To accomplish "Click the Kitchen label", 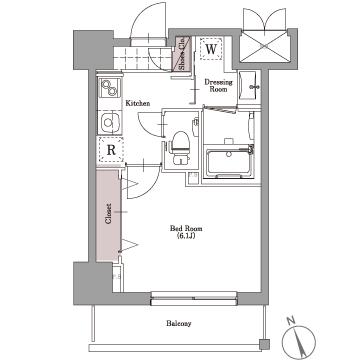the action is click(x=138, y=103).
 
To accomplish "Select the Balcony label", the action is click(x=179, y=323).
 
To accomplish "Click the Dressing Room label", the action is click(x=218, y=86).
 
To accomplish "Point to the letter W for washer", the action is click(x=211, y=49).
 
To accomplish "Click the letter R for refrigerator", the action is click(x=111, y=150).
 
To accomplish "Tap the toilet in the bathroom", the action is click(x=180, y=147).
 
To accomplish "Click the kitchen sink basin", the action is click(x=110, y=121).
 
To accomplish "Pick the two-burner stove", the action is click(x=110, y=88).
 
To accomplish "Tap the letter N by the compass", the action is click(x=291, y=321).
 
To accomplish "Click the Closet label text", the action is click(x=108, y=214).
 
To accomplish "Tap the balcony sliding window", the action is click(x=194, y=298).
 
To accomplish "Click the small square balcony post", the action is click(x=264, y=344).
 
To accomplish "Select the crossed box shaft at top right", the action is click(x=265, y=46).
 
